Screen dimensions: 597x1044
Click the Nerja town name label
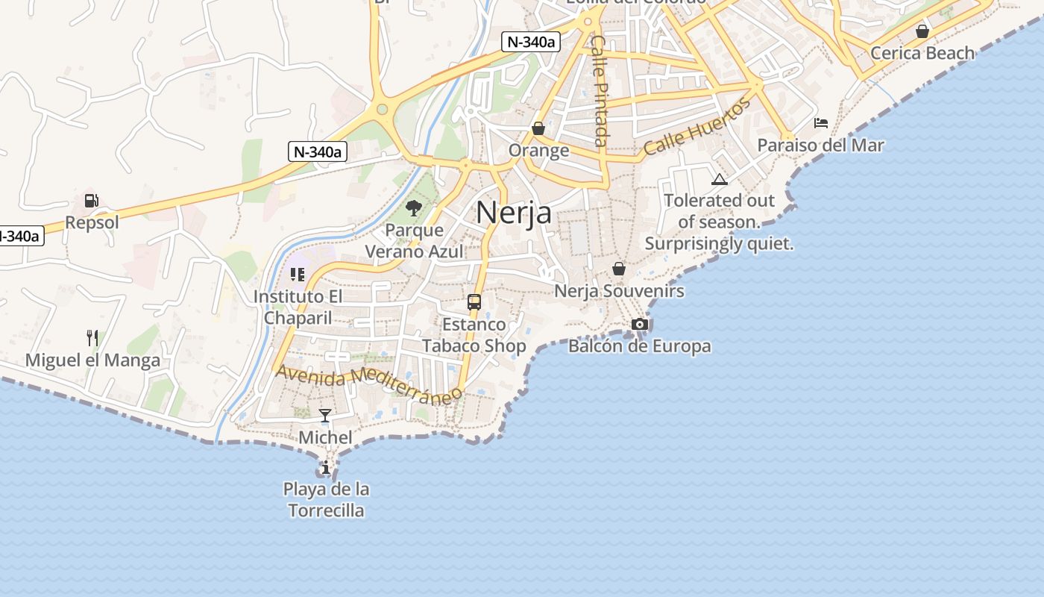click(514, 213)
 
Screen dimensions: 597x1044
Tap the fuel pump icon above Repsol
click(91, 200)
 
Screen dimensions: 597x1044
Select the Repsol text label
click(92, 222)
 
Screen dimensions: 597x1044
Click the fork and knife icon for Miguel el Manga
click(92, 338)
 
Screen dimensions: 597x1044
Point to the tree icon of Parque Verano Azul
click(414, 208)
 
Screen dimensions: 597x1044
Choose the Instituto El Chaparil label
click(298, 307)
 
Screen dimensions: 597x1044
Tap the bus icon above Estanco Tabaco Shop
click(474, 302)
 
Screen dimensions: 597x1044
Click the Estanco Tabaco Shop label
click(474, 335)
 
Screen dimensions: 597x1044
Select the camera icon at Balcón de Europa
click(639, 324)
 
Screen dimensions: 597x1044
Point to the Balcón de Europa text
click(639, 346)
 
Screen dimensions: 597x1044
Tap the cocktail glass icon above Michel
click(325, 415)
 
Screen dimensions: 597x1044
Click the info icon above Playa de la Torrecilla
click(326, 468)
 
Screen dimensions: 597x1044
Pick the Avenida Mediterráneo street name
click(365, 382)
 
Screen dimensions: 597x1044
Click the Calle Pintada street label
click(600, 90)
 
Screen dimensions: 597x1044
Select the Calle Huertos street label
click(696, 126)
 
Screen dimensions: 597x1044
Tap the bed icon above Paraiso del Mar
click(821, 123)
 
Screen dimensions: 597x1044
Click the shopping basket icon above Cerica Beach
click(922, 31)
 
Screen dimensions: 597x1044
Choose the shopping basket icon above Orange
click(538, 128)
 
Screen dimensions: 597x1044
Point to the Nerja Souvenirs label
click(619, 291)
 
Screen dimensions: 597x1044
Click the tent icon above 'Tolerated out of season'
click(719, 179)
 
